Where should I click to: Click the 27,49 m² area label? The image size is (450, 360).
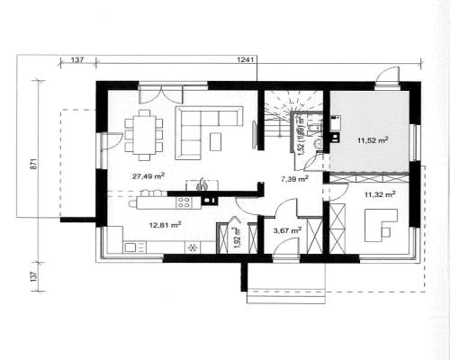(x=148, y=176)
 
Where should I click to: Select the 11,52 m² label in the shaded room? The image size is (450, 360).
(x=373, y=139)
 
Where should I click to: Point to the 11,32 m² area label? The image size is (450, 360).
(x=380, y=194)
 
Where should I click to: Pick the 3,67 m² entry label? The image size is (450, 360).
(x=287, y=230)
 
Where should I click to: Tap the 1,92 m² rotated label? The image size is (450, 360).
(x=238, y=238)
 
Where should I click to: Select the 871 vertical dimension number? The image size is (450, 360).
(x=34, y=164)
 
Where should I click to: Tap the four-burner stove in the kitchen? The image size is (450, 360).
(x=184, y=202)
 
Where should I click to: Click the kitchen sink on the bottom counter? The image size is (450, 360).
(x=130, y=247)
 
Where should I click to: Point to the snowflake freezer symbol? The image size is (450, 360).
(x=193, y=247)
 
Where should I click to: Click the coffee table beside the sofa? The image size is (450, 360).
(x=216, y=141)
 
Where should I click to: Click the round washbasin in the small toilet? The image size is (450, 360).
(x=318, y=144)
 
